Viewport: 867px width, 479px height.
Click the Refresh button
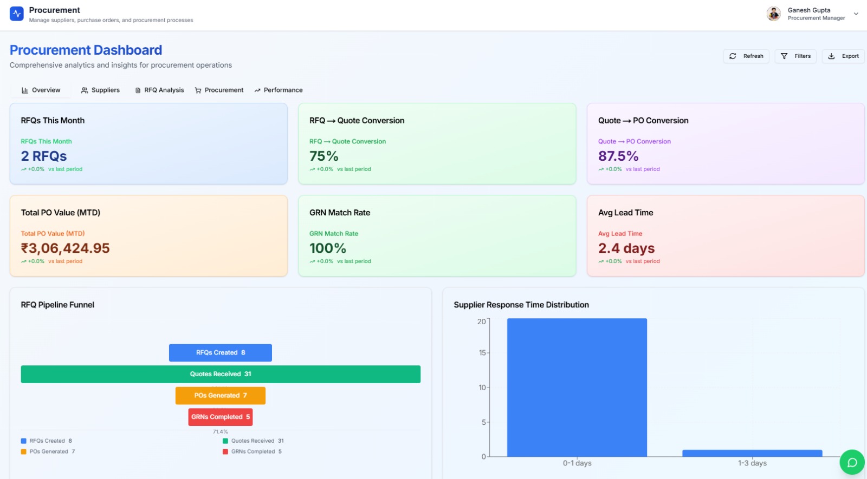(x=746, y=56)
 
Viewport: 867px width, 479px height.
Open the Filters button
(x=795, y=56)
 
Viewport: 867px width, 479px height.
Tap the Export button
(x=843, y=56)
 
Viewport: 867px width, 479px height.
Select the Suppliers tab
(x=100, y=90)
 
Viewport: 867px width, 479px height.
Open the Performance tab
(x=279, y=90)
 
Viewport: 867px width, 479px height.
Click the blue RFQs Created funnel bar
(x=220, y=353)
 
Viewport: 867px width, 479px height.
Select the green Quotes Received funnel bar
(x=220, y=374)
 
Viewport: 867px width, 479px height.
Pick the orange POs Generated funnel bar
(x=220, y=396)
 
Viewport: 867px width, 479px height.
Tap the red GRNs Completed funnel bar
(x=220, y=417)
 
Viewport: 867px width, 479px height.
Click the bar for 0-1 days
(x=577, y=388)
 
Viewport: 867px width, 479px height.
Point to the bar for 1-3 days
(x=752, y=453)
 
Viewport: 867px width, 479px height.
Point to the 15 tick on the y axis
(x=482, y=353)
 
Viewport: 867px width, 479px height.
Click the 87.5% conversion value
(x=618, y=156)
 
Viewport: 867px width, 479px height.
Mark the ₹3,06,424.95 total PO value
(x=65, y=248)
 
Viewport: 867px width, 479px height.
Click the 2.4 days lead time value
(x=626, y=248)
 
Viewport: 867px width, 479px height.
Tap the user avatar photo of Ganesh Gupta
(x=773, y=14)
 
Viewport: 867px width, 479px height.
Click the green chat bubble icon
(x=852, y=462)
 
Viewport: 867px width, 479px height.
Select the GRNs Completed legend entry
(x=253, y=451)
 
